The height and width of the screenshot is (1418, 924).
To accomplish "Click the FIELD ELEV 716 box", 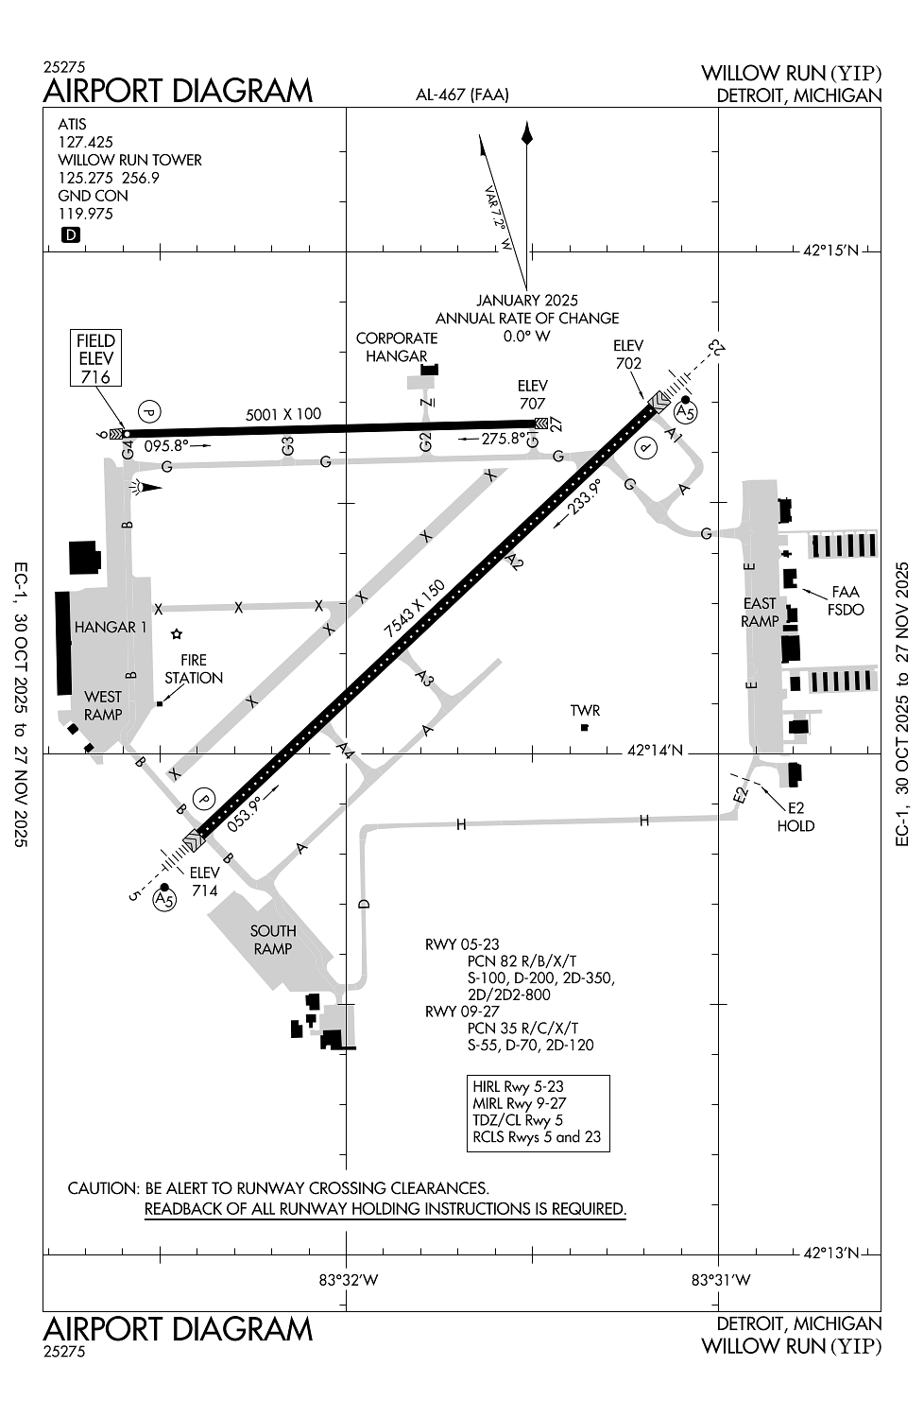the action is tap(95, 357).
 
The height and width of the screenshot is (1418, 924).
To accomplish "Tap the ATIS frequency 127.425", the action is tap(85, 142).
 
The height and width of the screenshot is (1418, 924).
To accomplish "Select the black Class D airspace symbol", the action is tap(70, 234).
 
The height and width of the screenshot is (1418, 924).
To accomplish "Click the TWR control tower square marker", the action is tap(584, 727).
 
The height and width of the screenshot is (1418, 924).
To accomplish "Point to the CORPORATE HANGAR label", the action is tap(397, 347).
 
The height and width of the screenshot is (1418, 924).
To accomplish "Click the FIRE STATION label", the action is tap(194, 668).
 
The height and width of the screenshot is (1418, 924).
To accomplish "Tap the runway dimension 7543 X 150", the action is tap(415, 609).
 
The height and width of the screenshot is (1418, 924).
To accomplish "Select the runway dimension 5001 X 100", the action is tap(283, 414).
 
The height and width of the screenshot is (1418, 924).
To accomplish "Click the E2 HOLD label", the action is tap(796, 817).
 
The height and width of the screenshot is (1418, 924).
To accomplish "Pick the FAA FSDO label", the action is tap(846, 600).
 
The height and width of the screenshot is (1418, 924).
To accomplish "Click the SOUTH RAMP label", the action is tap(273, 940).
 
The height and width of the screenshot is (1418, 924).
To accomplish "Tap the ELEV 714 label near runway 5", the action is tap(204, 881).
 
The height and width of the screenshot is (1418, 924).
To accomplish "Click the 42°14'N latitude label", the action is tap(655, 751).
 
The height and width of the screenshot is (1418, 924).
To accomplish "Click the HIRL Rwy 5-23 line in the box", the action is tap(518, 1085).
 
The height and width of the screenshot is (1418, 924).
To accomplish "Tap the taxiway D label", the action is tap(364, 904).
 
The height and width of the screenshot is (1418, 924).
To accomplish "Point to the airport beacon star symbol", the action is tap(177, 633).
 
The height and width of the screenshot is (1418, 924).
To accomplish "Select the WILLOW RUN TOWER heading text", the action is tap(129, 160).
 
